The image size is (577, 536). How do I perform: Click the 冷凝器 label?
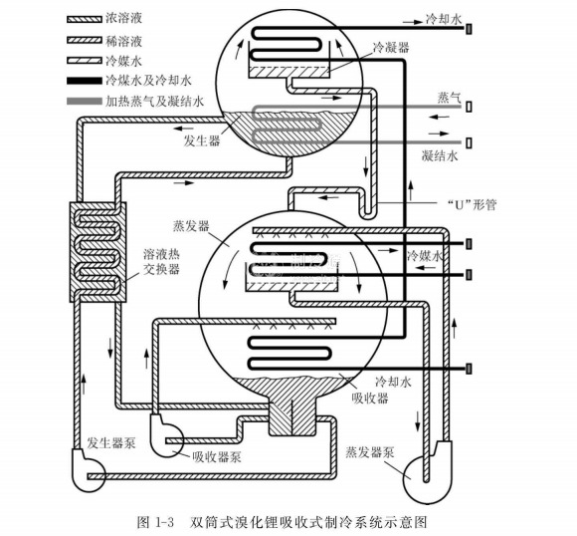[391, 48]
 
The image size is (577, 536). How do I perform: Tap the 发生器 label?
[202, 140]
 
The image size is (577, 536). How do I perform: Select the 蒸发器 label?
[191, 226]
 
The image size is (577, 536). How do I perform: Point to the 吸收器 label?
[370, 399]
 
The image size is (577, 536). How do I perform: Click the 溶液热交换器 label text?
[161, 261]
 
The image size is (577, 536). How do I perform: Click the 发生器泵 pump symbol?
[89, 469]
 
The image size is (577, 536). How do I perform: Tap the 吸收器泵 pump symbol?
[166, 435]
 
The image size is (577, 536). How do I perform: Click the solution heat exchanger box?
[98, 252]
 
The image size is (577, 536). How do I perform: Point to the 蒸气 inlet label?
[449, 98]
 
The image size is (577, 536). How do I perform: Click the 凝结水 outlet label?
[440, 156]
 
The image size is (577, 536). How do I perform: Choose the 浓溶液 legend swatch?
[85, 19]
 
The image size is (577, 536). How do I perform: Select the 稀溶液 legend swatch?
[85, 40]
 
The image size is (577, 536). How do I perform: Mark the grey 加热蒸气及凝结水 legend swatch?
[85, 101]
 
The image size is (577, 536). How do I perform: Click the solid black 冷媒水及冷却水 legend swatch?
[85, 81]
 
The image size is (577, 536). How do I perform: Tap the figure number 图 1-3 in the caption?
[155, 522]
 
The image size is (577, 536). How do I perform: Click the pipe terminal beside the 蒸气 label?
[469, 107]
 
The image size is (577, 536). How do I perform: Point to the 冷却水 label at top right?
[444, 19]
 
